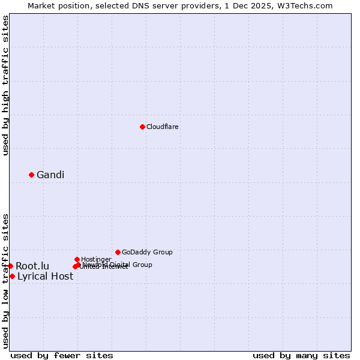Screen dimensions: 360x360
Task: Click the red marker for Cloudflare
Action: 142,127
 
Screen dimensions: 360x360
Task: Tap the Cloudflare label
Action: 163,127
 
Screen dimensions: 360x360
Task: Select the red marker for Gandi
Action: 31,175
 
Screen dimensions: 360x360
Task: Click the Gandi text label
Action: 50,175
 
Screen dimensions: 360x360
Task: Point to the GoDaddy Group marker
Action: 118,252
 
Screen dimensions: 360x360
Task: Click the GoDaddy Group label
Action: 147,252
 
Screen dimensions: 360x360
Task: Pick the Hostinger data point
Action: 77,259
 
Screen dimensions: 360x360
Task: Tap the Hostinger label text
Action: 96,259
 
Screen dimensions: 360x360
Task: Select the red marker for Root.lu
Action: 10,266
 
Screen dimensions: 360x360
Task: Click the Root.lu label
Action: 32,266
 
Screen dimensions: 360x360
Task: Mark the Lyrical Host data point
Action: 12,276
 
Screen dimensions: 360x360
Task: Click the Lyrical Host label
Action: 45,276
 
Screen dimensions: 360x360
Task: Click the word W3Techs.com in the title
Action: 305,5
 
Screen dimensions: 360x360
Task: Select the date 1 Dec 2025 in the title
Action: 252,5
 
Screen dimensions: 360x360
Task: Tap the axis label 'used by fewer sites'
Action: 62,355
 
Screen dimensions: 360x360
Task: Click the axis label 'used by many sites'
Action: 301,355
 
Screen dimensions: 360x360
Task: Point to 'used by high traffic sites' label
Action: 5,85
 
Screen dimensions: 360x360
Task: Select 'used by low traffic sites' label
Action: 5,280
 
